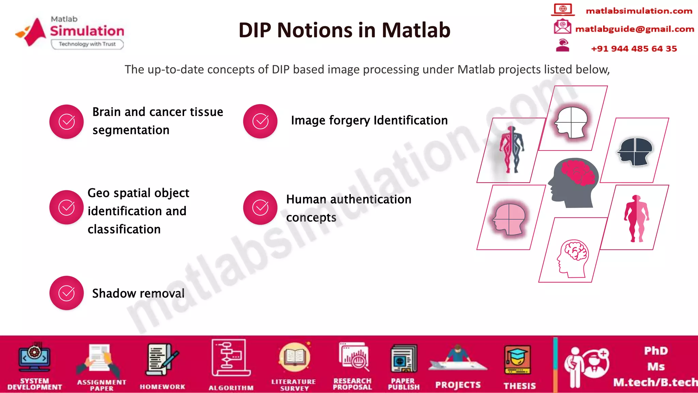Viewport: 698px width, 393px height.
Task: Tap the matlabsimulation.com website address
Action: click(x=639, y=11)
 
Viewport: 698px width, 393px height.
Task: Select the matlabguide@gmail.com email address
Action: click(x=634, y=29)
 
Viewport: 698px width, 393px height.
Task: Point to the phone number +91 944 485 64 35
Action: click(x=634, y=49)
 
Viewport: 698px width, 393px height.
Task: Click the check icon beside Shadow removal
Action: click(x=66, y=293)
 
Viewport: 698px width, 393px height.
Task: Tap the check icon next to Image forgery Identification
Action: click(x=260, y=121)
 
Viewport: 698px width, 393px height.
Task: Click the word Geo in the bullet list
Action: click(x=98, y=193)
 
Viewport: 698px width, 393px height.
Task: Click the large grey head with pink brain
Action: click(x=573, y=183)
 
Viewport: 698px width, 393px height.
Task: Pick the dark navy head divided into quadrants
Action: click(x=635, y=151)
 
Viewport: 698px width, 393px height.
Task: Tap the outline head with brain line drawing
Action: click(x=573, y=258)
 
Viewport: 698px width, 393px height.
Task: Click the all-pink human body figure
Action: click(x=636, y=218)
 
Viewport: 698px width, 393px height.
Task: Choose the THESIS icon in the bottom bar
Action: click(x=517, y=360)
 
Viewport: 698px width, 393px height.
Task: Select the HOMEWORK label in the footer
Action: click(x=162, y=387)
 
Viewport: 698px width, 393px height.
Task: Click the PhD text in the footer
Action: click(x=656, y=351)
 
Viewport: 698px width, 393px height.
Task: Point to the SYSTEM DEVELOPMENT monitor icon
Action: click(x=34, y=357)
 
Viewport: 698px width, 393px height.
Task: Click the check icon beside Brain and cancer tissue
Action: click(x=66, y=121)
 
